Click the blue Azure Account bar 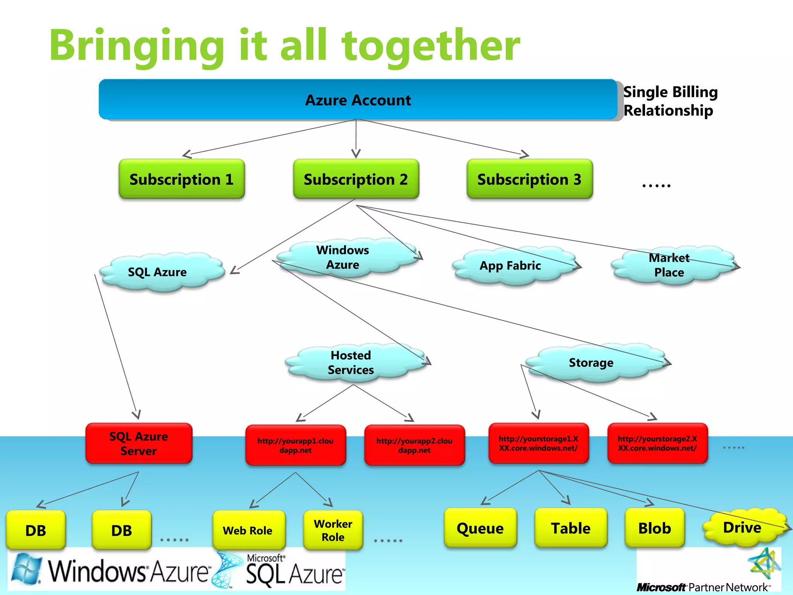pyautogui.click(x=358, y=100)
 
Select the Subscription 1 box pyautogui.click(x=182, y=179)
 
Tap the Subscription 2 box pyautogui.click(x=356, y=179)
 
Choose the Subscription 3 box pyautogui.click(x=529, y=179)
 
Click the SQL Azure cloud pyautogui.click(x=158, y=272)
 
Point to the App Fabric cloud pyautogui.click(x=510, y=266)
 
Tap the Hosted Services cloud pyautogui.click(x=351, y=363)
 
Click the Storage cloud pyautogui.click(x=591, y=363)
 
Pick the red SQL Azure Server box pyautogui.click(x=139, y=444)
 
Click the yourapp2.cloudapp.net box pyautogui.click(x=414, y=445)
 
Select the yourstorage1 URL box pyautogui.click(x=538, y=444)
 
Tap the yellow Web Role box pyautogui.click(x=248, y=530)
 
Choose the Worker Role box pyautogui.click(x=333, y=530)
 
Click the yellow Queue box pyautogui.click(x=480, y=528)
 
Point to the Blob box pyautogui.click(x=654, y=528)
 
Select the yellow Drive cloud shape pyautogui.click(x=742, y=528)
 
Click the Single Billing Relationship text pyautogui.click(x=670, y=101)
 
